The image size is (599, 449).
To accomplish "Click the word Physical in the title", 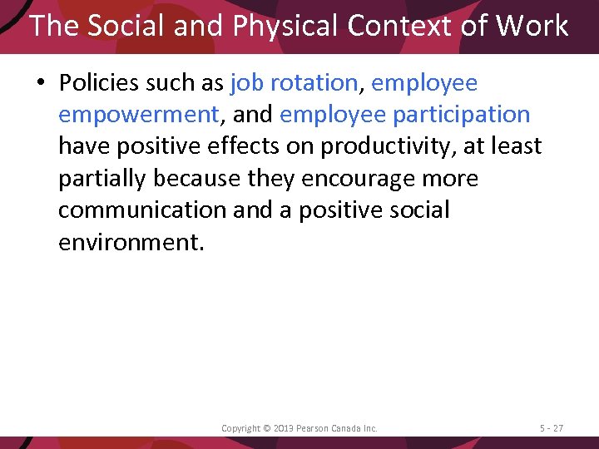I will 286,27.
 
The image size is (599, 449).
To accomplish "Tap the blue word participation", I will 460,115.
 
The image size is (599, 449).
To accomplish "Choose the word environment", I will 129,242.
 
